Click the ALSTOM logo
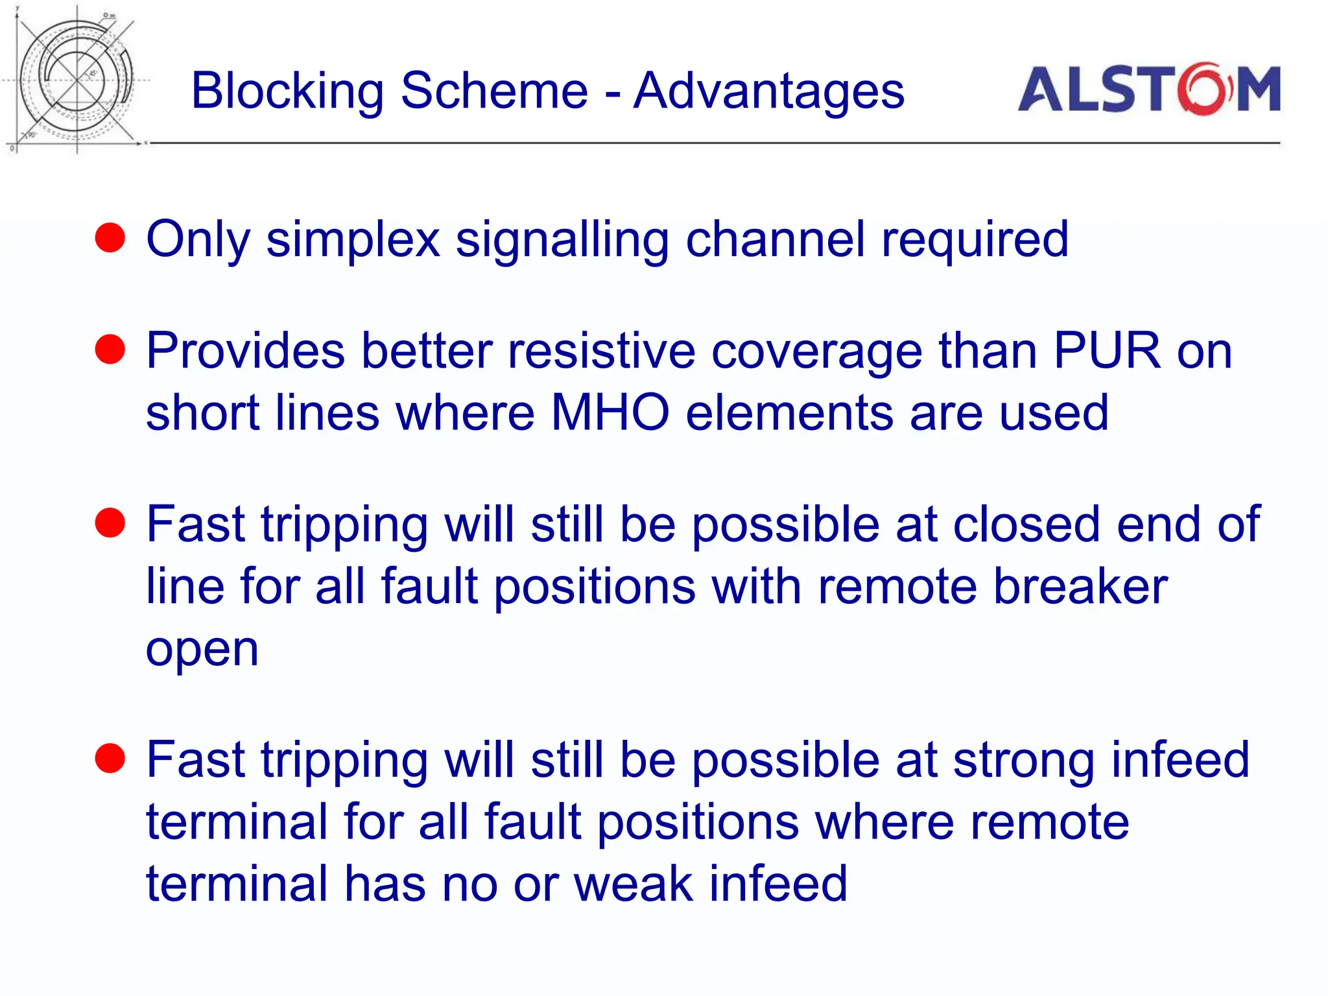(x=1148, y=89)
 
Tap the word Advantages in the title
(x=768, y=91)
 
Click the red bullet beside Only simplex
(x=110, y=238)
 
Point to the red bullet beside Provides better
(x=110, y=350)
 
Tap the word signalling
(x=562, y=240)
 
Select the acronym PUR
(x=1106, y=351)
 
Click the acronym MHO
(x=610, y=413)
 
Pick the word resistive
(x=601, y=351)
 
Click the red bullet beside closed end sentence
(x=110, y=523)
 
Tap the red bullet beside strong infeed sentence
(x=110, y=759)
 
